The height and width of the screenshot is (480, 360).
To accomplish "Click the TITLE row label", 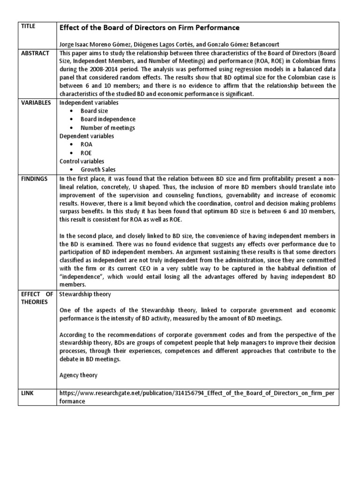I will click(x=29, y=27).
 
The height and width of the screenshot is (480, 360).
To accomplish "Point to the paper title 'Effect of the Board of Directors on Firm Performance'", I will click(x=149, y=28).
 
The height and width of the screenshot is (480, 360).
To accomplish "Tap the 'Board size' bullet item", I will click(x=94, y=111).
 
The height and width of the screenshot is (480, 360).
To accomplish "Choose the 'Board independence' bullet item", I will click(x=108, y=120).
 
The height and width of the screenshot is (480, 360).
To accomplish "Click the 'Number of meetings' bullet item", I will click(x=107, y=128).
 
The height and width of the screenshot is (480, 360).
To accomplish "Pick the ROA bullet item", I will click(x=86, y=145).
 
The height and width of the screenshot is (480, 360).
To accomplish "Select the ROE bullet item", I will click(x=86, y=153).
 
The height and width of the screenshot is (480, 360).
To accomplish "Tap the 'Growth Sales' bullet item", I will click(x=98, y=170).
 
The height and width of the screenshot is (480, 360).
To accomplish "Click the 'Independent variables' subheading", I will click(x=89, y=103).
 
